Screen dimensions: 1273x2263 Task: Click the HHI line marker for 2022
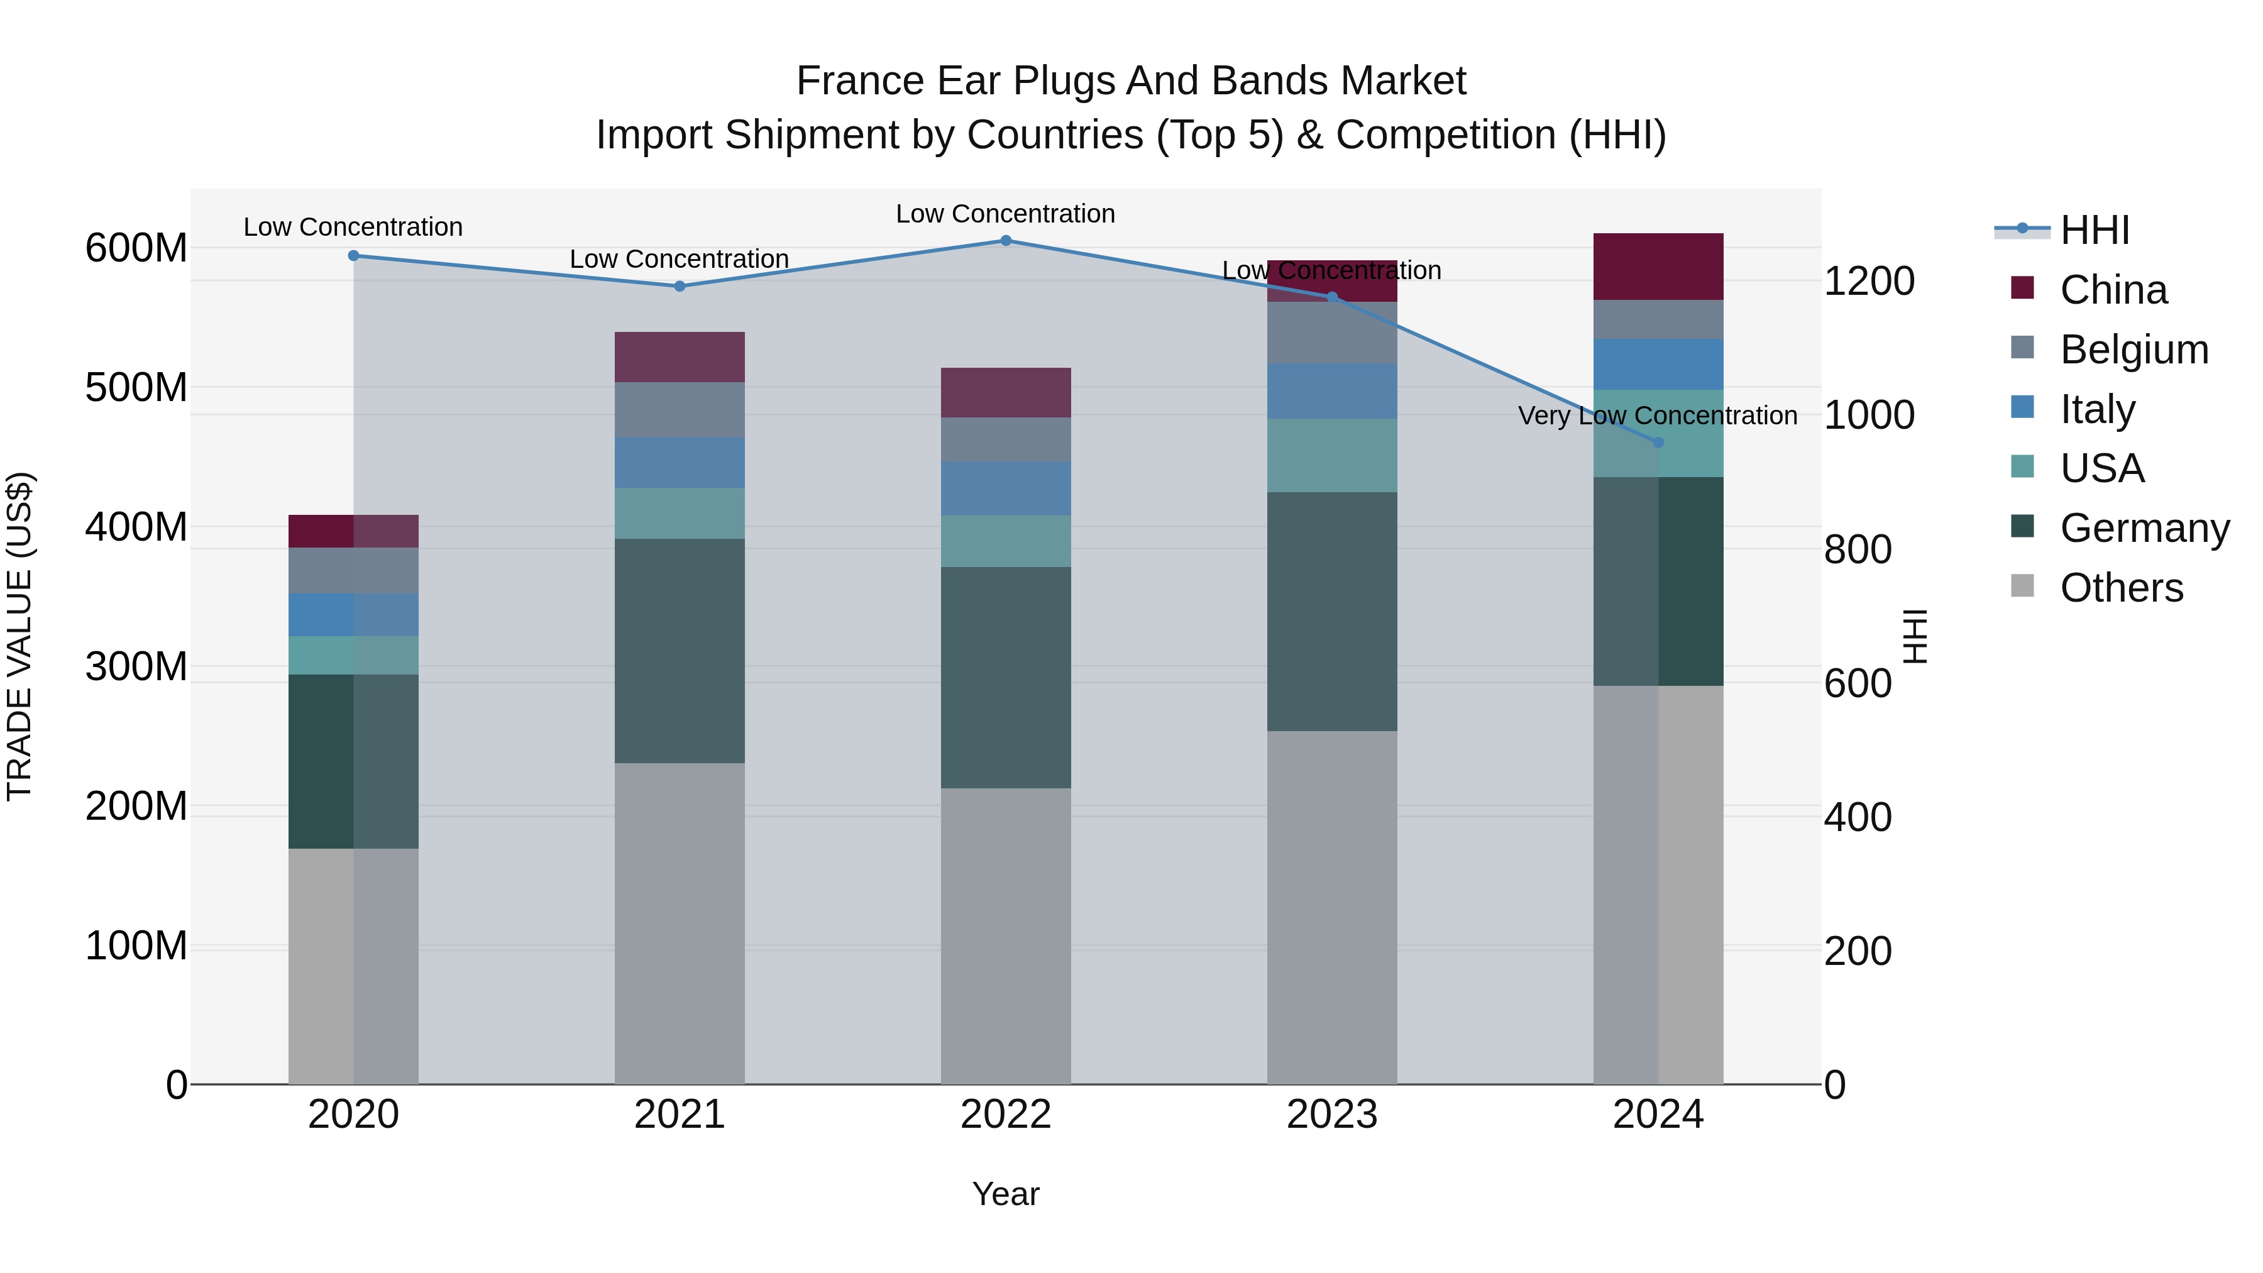pos(1006,240)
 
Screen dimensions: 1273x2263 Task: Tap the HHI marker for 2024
pos(1659,443)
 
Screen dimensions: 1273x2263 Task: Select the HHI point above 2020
pos(353,256)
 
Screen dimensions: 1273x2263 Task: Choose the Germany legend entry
pos(2144,528)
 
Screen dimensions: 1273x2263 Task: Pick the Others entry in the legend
pos(2121,588)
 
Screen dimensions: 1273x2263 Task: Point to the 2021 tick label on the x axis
pos(679,1115)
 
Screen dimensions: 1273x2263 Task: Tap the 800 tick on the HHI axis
pos(1857,550)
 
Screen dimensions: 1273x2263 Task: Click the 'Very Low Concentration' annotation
pos(1657,416)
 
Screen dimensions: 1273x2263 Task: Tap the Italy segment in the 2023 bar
pos(1332,391)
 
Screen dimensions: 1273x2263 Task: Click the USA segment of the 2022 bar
pos(1006,541)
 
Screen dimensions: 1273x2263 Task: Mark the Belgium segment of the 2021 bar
pos(679,409)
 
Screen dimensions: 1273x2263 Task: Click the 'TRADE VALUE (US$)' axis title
pos(19,636)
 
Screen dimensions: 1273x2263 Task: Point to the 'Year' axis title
pos(1006,1194)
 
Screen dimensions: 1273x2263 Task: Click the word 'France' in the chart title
pos(860,81)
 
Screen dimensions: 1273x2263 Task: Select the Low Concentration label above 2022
pos(1005,214)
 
